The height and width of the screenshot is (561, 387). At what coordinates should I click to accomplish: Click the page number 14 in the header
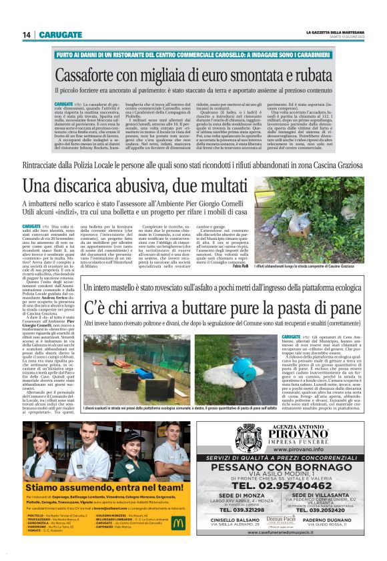point(26,35)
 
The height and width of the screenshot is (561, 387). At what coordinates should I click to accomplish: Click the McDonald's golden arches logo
point(177,522)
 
